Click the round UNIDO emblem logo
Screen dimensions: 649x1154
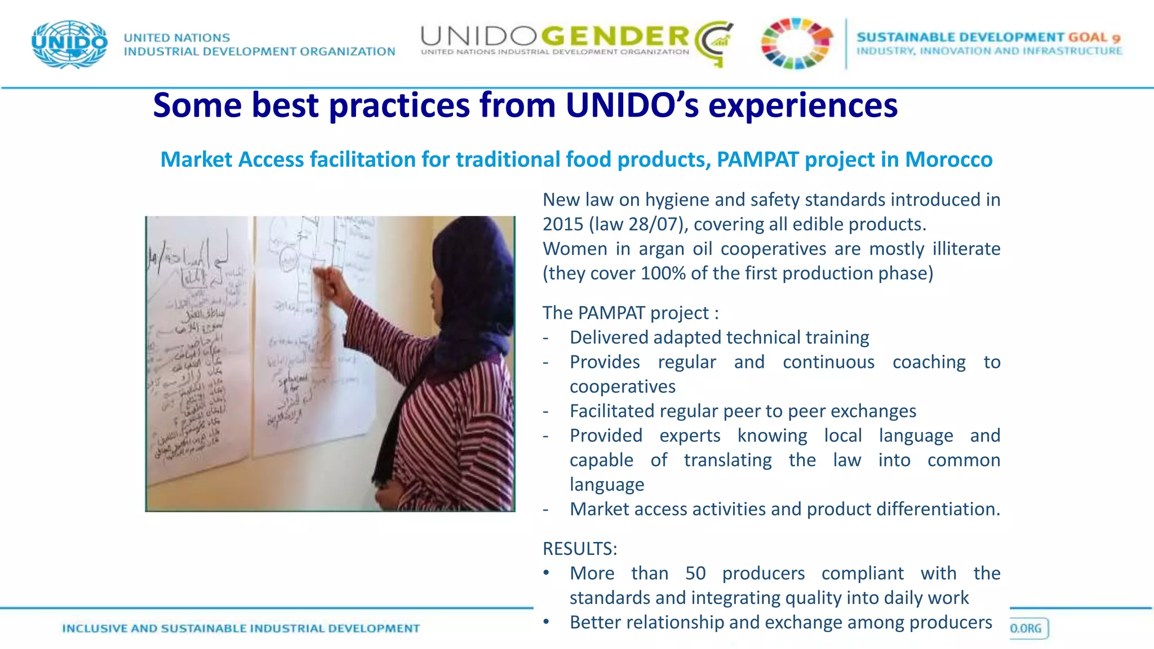coord(69,44)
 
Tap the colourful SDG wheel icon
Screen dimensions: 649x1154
coord(796,43)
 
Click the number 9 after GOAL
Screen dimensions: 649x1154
coord(1116,38)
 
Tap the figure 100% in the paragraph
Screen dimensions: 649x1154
coord(663,273)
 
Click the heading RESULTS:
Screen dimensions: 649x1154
coord(580,548)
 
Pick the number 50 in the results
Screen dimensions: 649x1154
coord(695,573)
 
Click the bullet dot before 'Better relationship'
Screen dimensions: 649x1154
coord(546,622)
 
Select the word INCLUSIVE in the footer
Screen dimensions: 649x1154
coord(94,628)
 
